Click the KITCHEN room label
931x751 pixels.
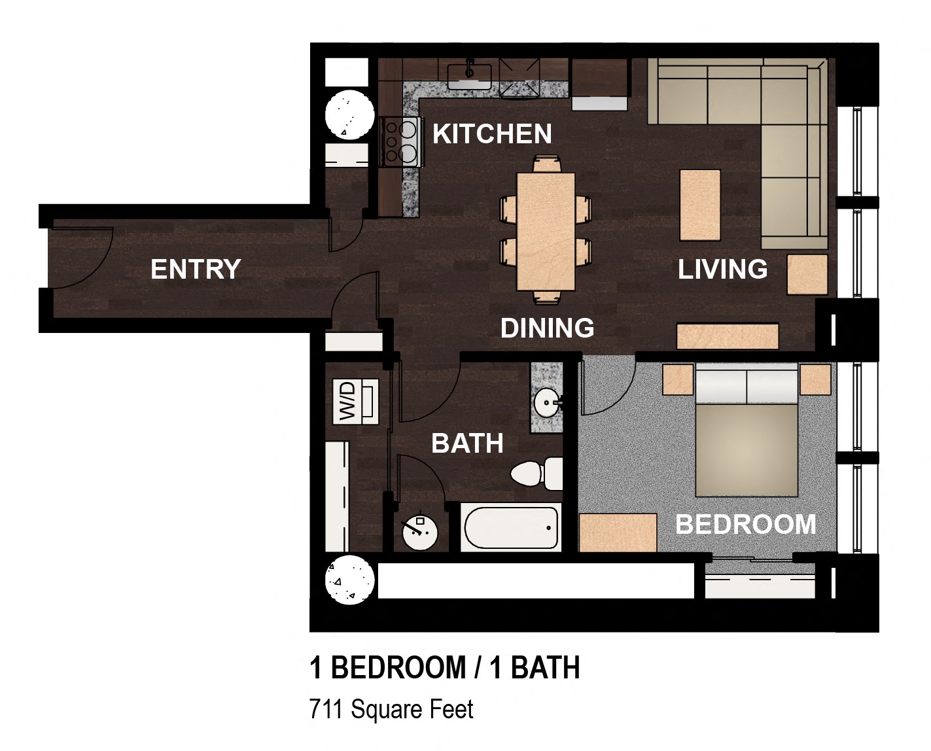[x=492, y=133]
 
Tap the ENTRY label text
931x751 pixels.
[x=196, y=269]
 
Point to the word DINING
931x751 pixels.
[x=547, y=328]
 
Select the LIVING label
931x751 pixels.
[x=722, y=269]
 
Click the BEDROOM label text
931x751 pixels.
[x=745, y=524]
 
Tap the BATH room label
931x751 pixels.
[x=467, y=444]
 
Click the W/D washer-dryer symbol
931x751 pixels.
[x=356, y=402]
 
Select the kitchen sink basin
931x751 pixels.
[x=469, y=77]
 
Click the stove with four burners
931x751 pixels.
[x=400, y=142]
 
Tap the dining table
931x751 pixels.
[x=546, y=232]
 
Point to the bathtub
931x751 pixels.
[x=511, y=528]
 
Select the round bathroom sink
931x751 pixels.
[x=546, y=403]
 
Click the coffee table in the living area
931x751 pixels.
[x=700, y=205]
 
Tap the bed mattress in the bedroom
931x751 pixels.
[x=747, y=450]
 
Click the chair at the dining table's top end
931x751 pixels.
[x=547, y=164]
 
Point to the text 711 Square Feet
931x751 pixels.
[x=391, y=710]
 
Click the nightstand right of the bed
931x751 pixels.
[x=815, y=379]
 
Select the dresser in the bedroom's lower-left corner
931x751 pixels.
[x=618, y=533]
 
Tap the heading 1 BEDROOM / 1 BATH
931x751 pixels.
[x=444, y=667]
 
